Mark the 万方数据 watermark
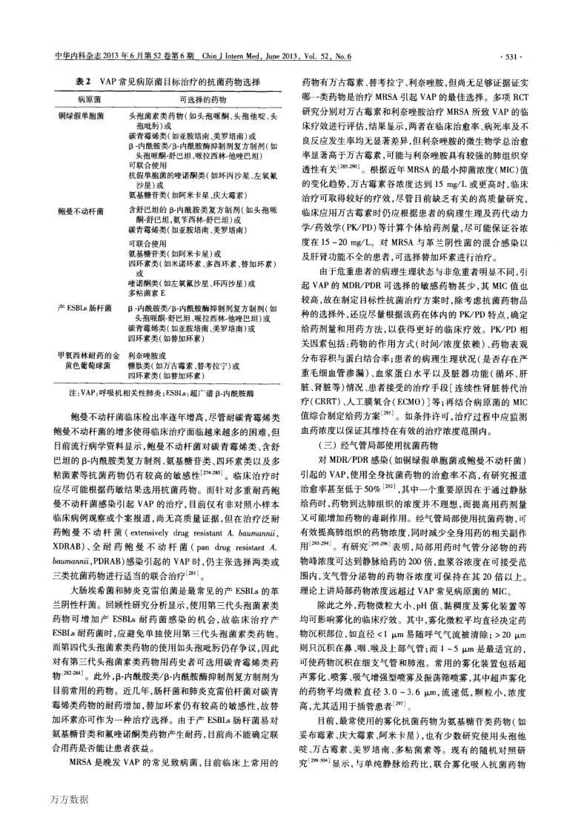70,799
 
